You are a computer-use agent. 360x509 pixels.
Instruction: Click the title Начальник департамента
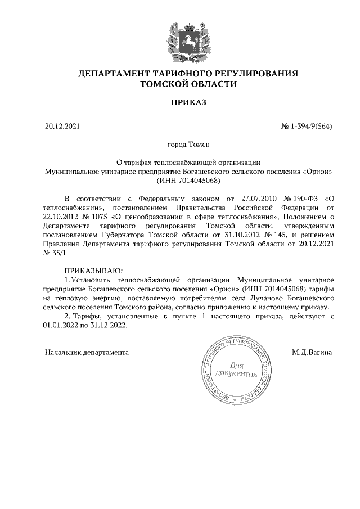(87, 353)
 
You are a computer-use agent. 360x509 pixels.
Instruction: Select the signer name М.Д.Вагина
(312, 353)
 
